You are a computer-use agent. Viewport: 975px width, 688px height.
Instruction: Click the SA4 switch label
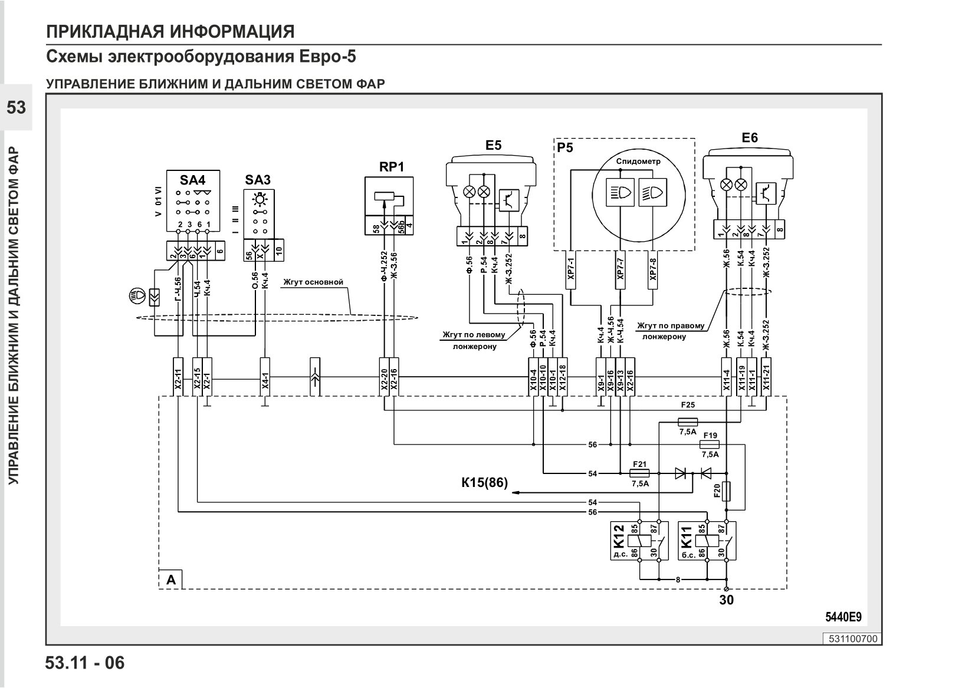pos(192,180)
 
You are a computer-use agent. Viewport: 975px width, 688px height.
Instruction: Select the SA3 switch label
pos(258,180)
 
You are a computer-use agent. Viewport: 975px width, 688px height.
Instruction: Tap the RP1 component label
pos(392,167)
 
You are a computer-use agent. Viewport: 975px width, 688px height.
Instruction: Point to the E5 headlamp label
pos(494,146)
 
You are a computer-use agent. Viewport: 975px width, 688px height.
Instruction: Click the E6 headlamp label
pos(750,138)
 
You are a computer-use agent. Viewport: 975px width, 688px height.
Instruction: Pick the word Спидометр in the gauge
pos(638,162)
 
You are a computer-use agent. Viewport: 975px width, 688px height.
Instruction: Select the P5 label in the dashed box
pos(565,148)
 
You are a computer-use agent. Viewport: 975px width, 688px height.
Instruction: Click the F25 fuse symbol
pos(688,422)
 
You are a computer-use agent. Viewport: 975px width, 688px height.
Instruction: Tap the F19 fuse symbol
pos(710,445)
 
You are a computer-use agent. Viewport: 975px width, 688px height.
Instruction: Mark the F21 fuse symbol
pos(639,473)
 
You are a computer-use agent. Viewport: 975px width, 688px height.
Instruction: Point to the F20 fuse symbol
pos(726,491)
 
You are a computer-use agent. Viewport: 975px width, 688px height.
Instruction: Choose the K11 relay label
pos(687,536)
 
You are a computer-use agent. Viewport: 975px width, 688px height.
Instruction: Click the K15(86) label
pos(484,483)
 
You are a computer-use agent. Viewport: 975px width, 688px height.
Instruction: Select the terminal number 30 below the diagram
pos(727,600)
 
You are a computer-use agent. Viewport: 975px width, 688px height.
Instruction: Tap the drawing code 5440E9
pos(843,617)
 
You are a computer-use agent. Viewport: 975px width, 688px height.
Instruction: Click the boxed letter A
pos(171,580)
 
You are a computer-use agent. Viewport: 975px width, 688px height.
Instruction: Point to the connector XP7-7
pos(621,270)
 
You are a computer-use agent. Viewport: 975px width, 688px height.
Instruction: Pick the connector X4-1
pos(265,377)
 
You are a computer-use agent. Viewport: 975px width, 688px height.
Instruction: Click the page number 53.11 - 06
pos(85,663)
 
